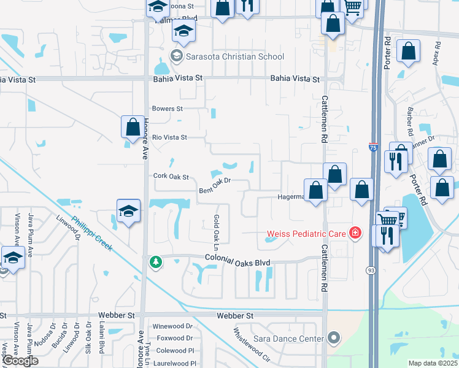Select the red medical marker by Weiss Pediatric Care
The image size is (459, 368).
click(354, 233)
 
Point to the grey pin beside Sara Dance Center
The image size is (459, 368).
click(334, 337)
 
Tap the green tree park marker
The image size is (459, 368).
click(156, 263)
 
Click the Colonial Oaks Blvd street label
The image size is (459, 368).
click(237, 262)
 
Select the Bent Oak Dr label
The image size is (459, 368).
click(214, 185)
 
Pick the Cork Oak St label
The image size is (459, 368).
click(170, 177)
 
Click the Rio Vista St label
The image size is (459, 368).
click(169, 137)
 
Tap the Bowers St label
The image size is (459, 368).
click(168, 109)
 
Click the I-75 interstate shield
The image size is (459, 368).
click(373, 147)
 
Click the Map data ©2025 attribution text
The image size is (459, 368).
click(433, 364)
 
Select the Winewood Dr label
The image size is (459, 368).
click(172, 326)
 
